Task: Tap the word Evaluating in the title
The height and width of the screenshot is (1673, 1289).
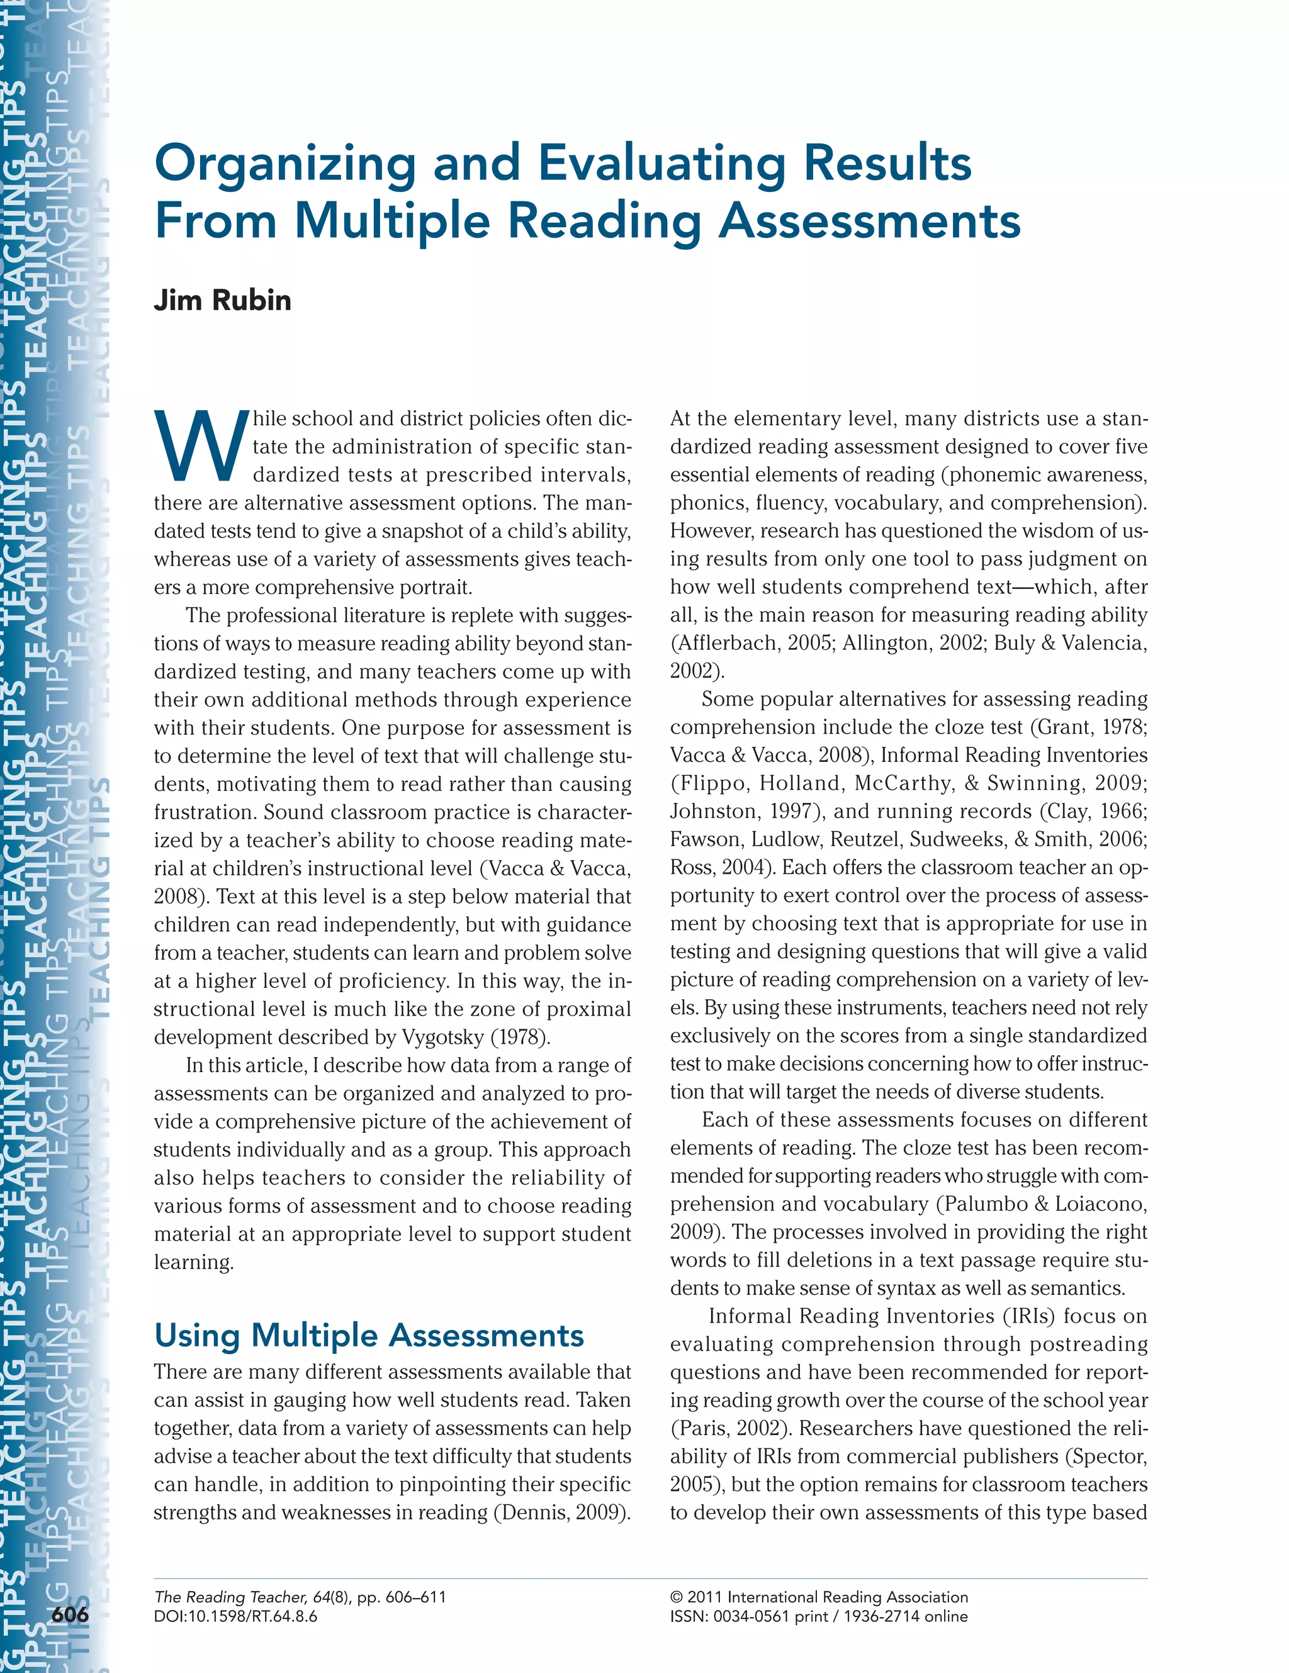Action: [661, 164]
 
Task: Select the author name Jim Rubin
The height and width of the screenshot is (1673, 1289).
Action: [222, 299]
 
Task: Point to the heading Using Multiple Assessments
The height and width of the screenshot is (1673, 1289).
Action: [369, 1335]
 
